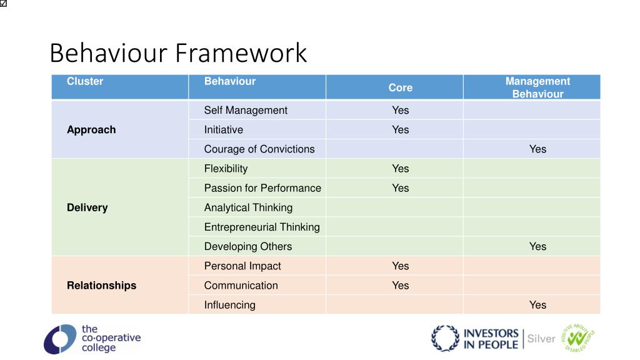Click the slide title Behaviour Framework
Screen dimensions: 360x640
178,53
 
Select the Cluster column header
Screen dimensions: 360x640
85,81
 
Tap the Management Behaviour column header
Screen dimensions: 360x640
537,87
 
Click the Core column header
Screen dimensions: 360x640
400,87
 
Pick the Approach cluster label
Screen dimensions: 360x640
91,130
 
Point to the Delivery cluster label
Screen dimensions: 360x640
87,207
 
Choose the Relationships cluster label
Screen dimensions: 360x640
101,286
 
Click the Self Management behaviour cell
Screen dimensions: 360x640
246,110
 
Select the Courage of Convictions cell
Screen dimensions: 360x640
259,149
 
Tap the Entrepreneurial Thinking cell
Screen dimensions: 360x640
262,227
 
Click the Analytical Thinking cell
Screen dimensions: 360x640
248,207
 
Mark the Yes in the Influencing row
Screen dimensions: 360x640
537,305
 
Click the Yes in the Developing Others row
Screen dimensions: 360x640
537,246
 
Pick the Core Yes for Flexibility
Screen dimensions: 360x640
400,169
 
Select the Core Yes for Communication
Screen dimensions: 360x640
400,286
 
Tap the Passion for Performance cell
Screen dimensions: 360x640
262,188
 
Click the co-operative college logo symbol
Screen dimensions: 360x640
59,339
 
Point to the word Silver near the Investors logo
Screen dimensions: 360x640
541,339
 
